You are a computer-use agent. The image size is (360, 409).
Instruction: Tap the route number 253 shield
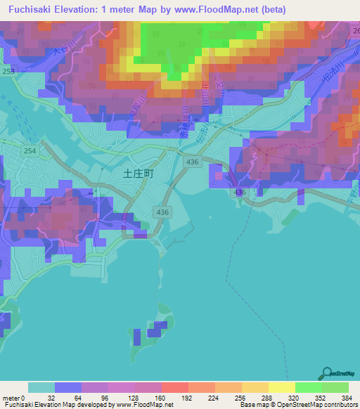pos(6,72)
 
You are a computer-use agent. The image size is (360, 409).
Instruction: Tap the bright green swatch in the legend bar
pos(308,387)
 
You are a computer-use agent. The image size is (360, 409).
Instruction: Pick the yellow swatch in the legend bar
pos(281,387)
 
